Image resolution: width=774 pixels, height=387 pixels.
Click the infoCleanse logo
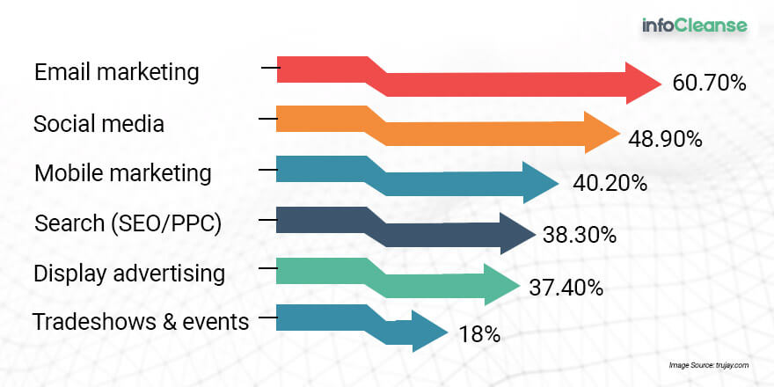(x=695, y=26)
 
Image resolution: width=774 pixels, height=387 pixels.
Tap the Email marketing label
(x=117, y=72)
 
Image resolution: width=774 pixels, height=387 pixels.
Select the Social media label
(x=99, y=123)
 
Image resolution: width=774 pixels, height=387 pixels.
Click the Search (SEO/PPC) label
(x=128, y=224)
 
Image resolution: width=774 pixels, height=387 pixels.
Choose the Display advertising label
(x=129, y=274)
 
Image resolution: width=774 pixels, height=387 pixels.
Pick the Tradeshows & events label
(x=141, y=322)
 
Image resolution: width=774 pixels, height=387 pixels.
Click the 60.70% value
(x=709, y=84)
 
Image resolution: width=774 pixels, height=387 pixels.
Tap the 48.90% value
(x=665, y=140)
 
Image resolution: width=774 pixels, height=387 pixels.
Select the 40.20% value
(x=610, y=184)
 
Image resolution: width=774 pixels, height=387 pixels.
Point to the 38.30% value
(x=580, y=235)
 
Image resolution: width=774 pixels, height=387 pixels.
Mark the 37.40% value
(x=566, y=288)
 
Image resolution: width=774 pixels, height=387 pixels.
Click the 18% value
(x=480, y=335)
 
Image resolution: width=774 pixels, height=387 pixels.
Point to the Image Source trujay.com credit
(x=709, y=365)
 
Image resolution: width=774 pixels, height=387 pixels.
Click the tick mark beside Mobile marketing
(x=268, y=170)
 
